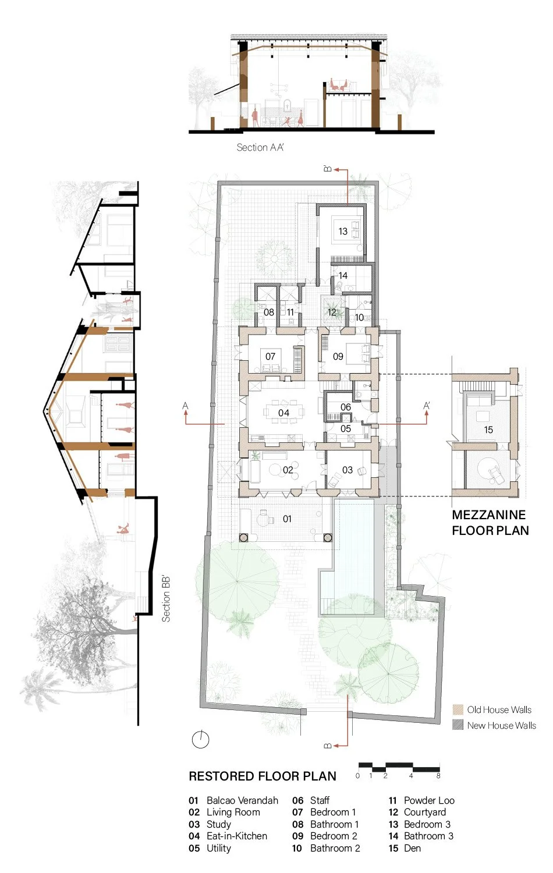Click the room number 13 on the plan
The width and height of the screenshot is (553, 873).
343,231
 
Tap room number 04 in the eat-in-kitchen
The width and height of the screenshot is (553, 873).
283,413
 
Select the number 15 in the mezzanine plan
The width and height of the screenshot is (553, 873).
488,430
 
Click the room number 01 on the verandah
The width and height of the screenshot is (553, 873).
287,519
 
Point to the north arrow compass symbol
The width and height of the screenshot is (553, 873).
200,739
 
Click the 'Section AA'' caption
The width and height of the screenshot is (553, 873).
260,147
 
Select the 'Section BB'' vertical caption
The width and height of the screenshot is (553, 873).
166,599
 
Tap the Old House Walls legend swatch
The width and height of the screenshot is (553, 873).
458,709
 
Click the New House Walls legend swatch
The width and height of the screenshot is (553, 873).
458,725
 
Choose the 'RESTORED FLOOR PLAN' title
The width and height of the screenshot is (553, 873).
263,776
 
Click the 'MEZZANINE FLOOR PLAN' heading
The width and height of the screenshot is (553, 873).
490,523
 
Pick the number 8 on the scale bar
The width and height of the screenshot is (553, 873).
438,776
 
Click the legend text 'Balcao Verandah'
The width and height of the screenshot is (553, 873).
242,800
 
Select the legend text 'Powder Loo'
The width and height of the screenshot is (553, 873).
429,800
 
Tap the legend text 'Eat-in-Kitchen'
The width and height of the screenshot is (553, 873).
237,836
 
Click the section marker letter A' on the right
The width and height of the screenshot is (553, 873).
427,406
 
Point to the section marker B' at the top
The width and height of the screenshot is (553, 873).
328,169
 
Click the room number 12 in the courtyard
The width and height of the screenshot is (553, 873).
332,312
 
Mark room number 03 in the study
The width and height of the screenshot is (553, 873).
348,470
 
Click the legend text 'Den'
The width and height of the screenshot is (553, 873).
412,848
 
